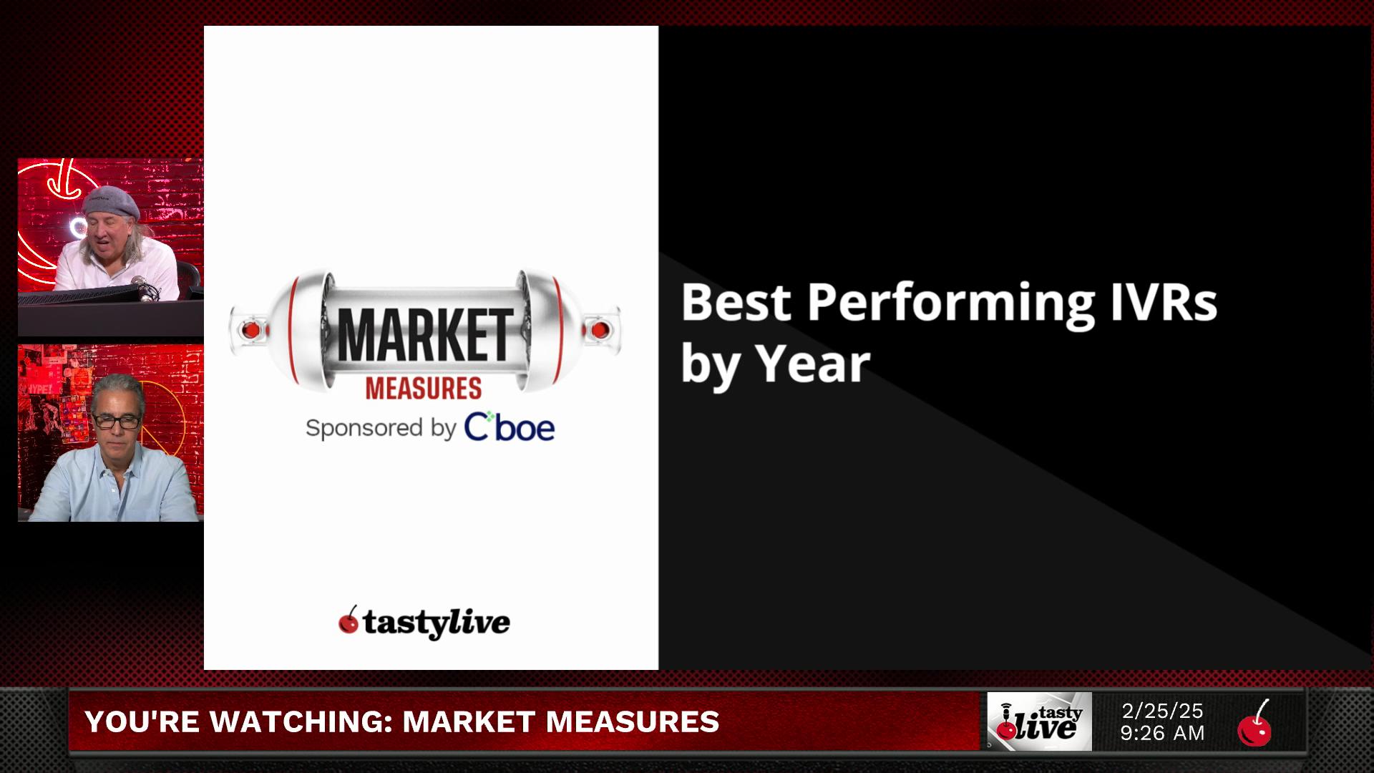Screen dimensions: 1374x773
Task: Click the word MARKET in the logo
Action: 425,336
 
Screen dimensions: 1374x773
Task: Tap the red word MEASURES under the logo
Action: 424,389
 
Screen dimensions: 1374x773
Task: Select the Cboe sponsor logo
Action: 510,427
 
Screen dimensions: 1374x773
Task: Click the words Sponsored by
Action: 381,428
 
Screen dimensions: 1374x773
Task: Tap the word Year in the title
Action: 813,364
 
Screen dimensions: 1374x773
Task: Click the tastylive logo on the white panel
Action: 424,622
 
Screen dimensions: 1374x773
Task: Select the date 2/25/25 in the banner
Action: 1162,711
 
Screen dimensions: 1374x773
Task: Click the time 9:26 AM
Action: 1162,734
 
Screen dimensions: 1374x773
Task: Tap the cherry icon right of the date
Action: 1254,723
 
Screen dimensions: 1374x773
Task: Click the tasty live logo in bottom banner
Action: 1040,721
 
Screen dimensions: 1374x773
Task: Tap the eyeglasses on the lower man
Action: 115,421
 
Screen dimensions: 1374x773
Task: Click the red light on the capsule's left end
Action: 250,330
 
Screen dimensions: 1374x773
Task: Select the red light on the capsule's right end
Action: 600,330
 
